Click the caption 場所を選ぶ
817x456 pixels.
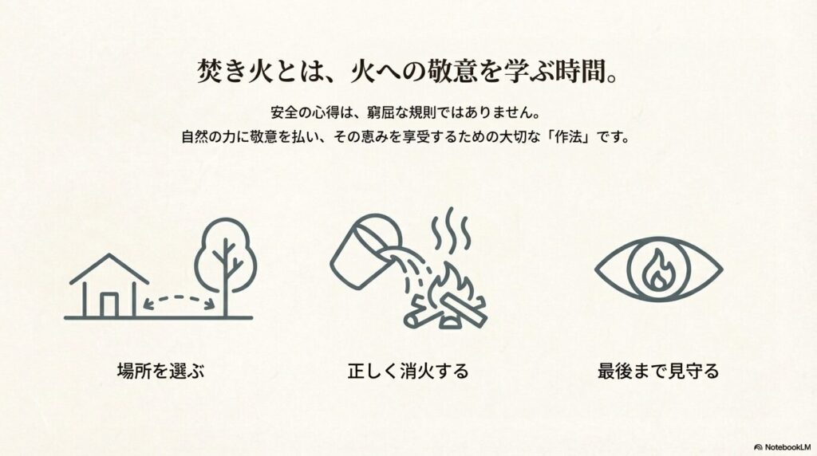coord(160,371)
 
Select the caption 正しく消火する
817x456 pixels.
coord(408,371)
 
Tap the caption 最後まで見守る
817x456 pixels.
coord(658,371)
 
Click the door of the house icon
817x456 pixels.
coord(109,305)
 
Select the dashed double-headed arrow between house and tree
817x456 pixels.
coord(180,297)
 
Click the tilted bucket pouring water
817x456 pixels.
coord(365,250)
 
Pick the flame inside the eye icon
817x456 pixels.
coord(658,269)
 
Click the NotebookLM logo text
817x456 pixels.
coord(787,447)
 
